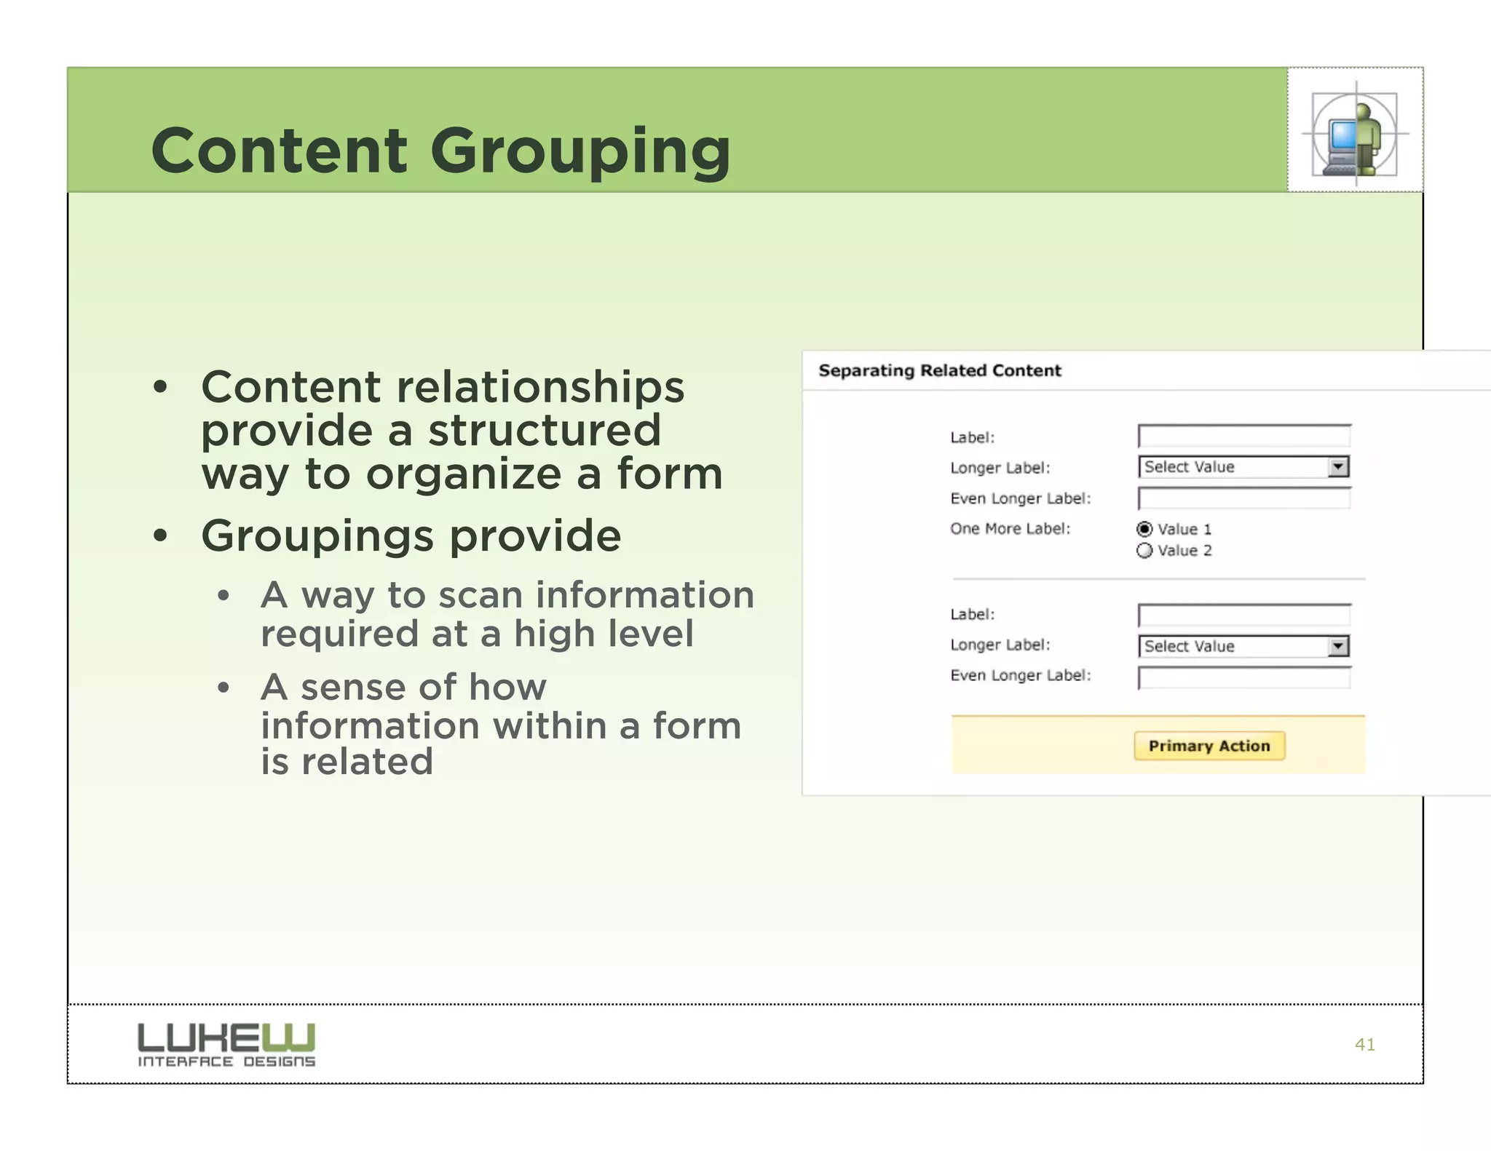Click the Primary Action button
(x=1209, y=746)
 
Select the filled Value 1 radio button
(x=1144, y=529)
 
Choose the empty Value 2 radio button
(x=1144, y=551)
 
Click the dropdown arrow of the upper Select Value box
(x=1338, y=466)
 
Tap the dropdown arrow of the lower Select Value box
(x=1338, y=646)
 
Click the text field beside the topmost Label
(x=1243, y=437)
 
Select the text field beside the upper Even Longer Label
(x=1243, y=498)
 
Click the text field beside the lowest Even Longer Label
(x=1243, y=677)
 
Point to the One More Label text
(x=1010, y=529)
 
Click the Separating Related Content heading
(x=939, y=371)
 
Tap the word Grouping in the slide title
(x=580, y=151)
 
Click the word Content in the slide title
(x=279, y=151)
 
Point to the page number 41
(x=1364, y=1045)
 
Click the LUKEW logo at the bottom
(x=226, y=1044)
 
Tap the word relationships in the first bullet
(x=539, y=386)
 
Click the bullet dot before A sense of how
(x=224, y=688)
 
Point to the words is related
(x=347, y=762)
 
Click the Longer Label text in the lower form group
(x=1000, y=645)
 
